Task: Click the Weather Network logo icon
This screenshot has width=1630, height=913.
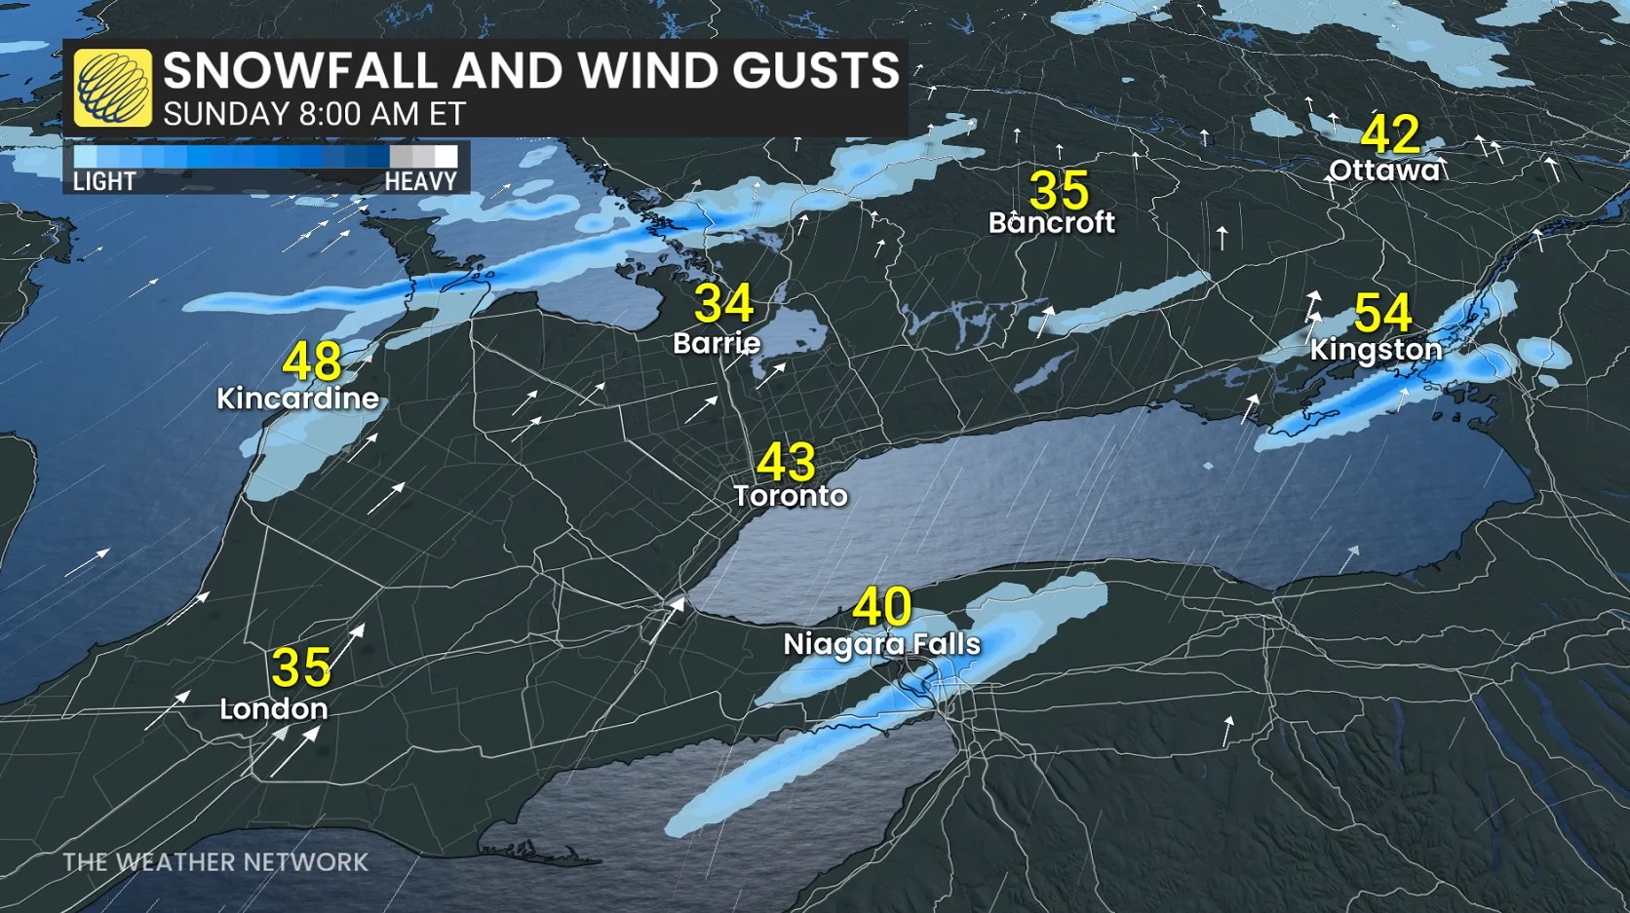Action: pyautogui.click(x=113, y=89)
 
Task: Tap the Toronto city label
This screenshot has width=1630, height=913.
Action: pyautogui.click(x=791, y=496)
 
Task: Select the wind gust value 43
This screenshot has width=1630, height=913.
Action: pyautogui.click(x=786, y=462)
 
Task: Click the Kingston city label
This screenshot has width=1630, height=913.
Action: pyautogui.click(x=1376, y=350)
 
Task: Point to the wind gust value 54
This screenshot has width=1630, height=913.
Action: pyautogui.click(x=1382, y=314)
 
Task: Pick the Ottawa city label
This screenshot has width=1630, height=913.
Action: pyautogui.click(x=1384, y=171)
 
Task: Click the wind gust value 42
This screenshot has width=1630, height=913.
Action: pyautogui.click(x=1390, y=134)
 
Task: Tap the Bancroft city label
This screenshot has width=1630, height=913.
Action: pyautogui.click(x=1052, y=223)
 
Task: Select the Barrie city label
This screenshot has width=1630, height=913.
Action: pyautogui.click(x=717, y=343)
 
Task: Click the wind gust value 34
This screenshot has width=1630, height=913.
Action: pyautogui.click(x=723, y=304)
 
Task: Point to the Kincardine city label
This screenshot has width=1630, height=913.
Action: pyautogui.click(x=297, y=399)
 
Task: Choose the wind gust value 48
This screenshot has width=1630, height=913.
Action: pyautogui.click(x=312, y=361)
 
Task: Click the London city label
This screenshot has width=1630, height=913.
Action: pyautogui.click(x=273, y=708)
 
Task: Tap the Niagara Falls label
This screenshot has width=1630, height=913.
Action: pyautogui.click(x=882, y=644)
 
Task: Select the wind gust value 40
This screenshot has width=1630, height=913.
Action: pyautogui.click(x=882, y=606)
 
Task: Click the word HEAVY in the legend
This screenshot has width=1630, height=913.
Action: pyautogui.click(x=420, y=181)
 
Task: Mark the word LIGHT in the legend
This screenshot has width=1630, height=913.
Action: pyautogui.click(x=104, y=181)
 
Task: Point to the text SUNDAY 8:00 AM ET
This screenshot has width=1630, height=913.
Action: pyautogui.click(x=314, y=114)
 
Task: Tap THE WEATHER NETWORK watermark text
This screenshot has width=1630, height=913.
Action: pyautogui.click(x=215, y=862)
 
